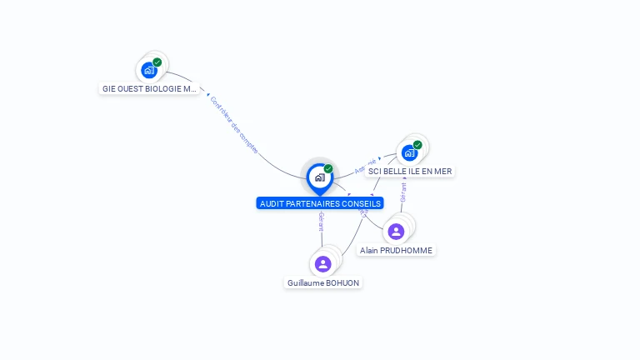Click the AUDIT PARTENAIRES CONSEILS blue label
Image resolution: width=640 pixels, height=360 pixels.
(x=320, y=203)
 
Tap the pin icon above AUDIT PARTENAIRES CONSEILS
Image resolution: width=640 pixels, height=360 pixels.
(x=319, y=177)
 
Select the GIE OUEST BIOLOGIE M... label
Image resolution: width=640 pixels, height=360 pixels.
(x=149, y=88)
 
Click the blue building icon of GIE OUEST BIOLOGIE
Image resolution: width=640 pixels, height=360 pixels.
(x=149, y=70)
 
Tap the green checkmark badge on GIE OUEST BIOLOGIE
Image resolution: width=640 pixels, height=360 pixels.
(x=157, y=62)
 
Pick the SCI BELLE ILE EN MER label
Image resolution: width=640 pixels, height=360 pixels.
(x=410, y=171)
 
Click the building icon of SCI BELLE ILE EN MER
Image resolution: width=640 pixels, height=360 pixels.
(x=408, y=152)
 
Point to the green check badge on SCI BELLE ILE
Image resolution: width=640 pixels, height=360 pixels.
(x=417, y=145)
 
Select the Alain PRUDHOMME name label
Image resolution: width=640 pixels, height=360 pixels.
(x=397, y=250)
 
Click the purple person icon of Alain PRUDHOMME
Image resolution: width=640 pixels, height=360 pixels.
(x=396, y=231)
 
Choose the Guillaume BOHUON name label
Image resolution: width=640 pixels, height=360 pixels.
(x=323, y=282)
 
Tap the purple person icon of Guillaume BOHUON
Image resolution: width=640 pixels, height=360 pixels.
(x=323, y=263)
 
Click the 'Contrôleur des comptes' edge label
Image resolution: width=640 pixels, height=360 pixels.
(x=234, y=126)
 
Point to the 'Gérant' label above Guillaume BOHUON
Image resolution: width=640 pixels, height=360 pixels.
(x=321, y=222)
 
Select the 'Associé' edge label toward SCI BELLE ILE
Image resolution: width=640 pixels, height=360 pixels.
(x=365, y=165)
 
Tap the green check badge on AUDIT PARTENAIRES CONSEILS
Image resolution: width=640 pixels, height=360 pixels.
(x=328, y=169)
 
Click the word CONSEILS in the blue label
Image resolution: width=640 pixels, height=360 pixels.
(x=362, y=203)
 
